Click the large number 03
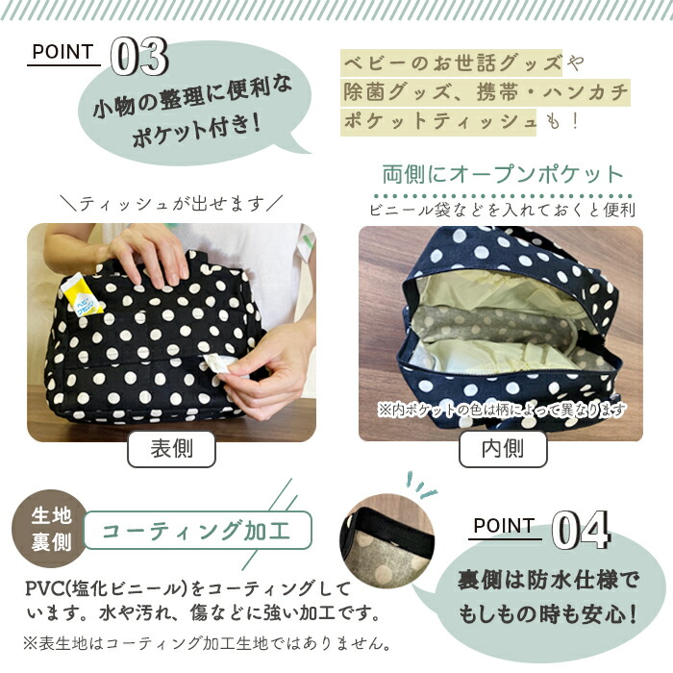pyautogui.click(x=139, y=57)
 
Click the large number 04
pyautogui.click(x=581, y=530)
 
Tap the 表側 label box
pyautogui.click(x=171, y=449)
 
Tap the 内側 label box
pyautogui.click(x=503, y=449)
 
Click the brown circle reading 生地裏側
pyautogui.click(x=51, y=528)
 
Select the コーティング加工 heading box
pyautogui.click(x=197, y=531)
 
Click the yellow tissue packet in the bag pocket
pyautogui.click(x=82, y=295)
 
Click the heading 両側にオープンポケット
pyautogui.click(x=503, y=175)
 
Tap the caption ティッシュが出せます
pyautogui.click(x=171, y=204)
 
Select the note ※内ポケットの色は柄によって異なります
pyautogui.click(x=501, y=410)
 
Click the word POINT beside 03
pyautogui.click(x=63, y=52)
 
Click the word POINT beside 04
pyautogui.click(x=505, y=525)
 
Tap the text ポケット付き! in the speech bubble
pyautogui.click(x=196, y=129)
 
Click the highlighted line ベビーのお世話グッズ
pyautogui.click(x=452, y=62)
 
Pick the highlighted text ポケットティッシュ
pyautogui.click(x=438, y=121)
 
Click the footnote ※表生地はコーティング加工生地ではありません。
pyautogui.click(x=207, y=643)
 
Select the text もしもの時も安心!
pyautogui.click(x=548, y=613)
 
